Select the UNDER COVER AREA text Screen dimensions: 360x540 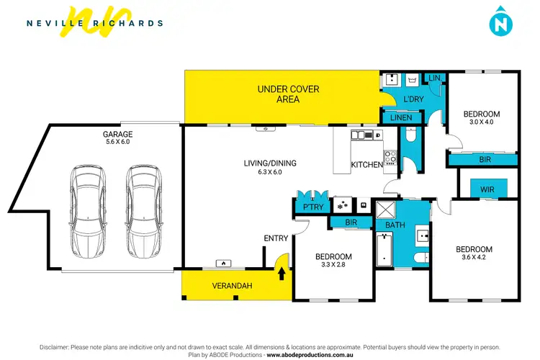point(288,94)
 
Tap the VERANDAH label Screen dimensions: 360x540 point(232,286)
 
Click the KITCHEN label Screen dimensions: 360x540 point(366,165)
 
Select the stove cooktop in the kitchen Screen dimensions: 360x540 point(390,156)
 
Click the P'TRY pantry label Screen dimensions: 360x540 point(312,207)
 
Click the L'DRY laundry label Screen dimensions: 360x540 point(413,99)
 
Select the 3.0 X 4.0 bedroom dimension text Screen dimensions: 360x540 point(480,122)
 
